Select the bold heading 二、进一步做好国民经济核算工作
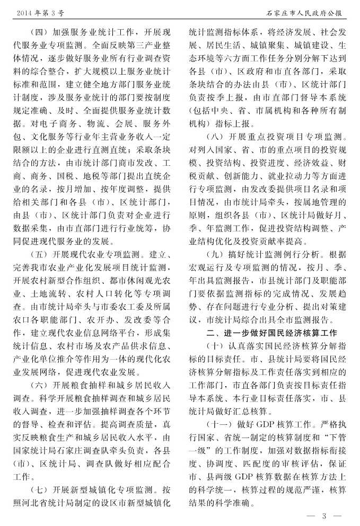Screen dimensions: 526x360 [271, 333]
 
